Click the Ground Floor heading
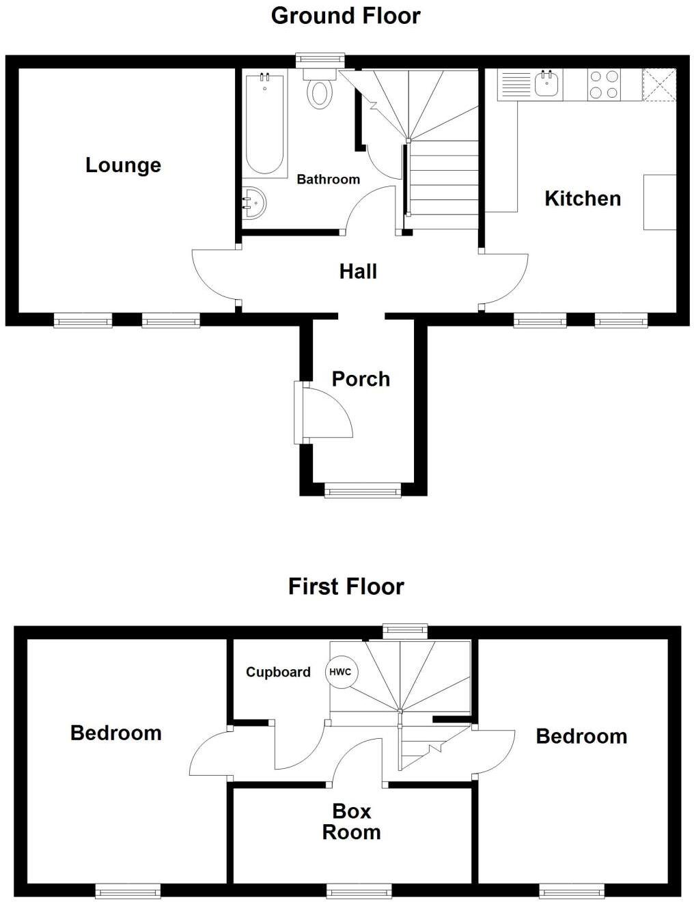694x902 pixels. point(346,16)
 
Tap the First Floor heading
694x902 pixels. point(346,587)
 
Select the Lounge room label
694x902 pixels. point(123,165)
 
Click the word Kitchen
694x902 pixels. point(583,199)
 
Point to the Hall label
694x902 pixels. point(358,272)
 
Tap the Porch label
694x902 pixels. point(361,379)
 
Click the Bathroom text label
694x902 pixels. point(328,180)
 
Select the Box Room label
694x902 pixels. point(352,821)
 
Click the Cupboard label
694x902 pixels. point(278,673)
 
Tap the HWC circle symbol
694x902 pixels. point(340,672)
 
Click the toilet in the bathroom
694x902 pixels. point(320,90)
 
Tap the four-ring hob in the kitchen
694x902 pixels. point(604,85)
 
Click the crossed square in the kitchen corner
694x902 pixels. point(659,85)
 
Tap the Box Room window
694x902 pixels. point(359,890)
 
